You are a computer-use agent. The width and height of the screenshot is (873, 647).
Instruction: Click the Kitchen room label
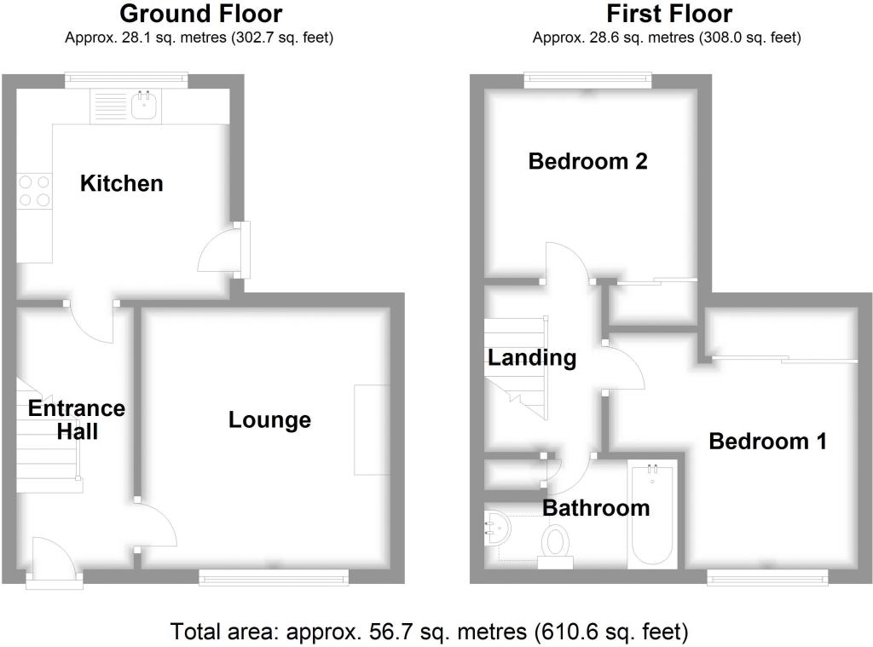tap(121, 183)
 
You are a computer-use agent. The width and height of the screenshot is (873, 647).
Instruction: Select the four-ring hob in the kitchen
tap(34, 191)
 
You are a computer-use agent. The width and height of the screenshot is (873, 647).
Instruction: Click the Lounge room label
tap(269, 420)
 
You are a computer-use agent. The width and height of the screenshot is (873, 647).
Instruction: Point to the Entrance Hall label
tap(77, 420)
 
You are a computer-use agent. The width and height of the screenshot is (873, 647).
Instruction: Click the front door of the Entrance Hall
tap(54, 563)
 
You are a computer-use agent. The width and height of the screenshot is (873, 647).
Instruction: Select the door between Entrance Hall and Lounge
tap(155, 524)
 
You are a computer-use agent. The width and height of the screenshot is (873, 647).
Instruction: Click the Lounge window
tap(274, 578)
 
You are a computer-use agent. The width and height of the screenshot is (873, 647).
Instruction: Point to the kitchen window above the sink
tap(126, 80)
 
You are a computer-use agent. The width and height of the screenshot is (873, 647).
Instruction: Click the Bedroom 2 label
tap(588, 161)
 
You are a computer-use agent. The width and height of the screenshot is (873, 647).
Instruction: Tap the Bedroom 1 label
tap(768, 442)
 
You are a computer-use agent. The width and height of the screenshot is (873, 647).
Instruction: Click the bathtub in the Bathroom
tap(652, 514)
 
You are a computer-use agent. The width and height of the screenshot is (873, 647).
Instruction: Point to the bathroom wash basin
tap(497, 528)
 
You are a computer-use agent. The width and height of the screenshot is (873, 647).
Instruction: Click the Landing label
tap(532, 358)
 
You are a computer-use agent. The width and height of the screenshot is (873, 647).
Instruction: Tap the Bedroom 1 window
tap(768, 577)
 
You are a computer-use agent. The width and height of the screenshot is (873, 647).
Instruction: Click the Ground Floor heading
tap(201, 14)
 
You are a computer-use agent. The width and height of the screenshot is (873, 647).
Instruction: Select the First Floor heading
tap(669, 14)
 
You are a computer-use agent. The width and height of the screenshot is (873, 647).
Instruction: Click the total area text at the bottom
tap(430, 632)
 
